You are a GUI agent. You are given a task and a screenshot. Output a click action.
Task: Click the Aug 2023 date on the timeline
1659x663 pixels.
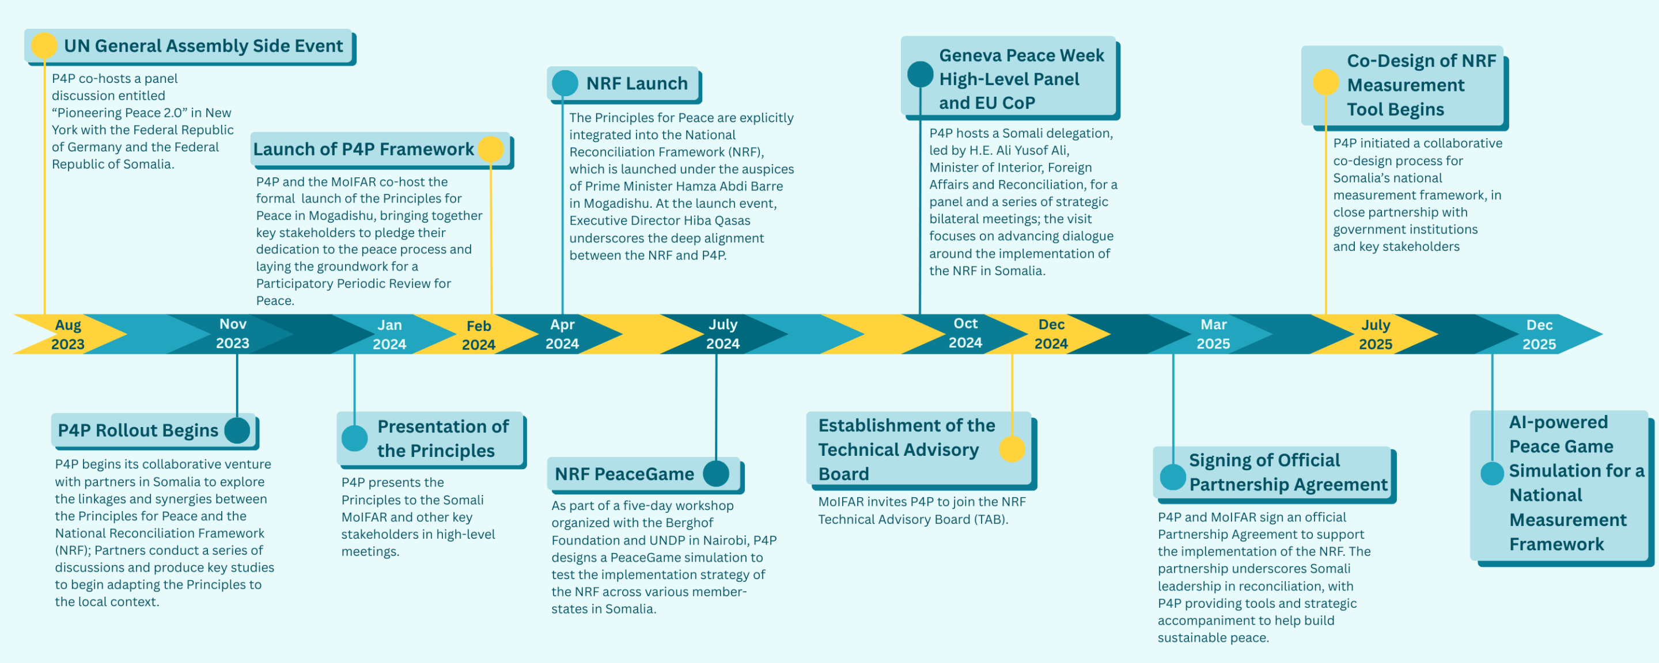click(x=67, y=334)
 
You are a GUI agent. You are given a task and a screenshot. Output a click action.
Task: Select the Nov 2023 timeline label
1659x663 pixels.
click(x=233, y=333)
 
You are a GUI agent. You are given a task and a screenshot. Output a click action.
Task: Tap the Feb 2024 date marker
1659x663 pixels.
click(x=479, y=335)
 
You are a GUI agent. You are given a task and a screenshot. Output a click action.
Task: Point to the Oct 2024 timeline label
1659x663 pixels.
click(x=965, y=333)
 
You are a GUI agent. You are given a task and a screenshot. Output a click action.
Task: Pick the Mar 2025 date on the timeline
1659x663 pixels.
click(x=1213, y=334)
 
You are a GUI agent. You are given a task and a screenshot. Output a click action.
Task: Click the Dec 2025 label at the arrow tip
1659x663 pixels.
click(x=1539, y=334)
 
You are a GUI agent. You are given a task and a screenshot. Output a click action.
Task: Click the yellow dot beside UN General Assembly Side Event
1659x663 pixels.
click(x=44, y=45)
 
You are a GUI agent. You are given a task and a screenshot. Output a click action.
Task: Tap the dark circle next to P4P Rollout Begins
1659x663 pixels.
click(x=237, y=430)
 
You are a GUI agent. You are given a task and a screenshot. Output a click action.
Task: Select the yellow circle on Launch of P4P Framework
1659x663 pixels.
click(x=491, y=149)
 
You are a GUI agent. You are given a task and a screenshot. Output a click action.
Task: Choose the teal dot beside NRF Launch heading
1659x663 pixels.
click(x=565, y=83)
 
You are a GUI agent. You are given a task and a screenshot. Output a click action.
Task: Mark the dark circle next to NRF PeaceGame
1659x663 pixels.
click(x=715, y=474)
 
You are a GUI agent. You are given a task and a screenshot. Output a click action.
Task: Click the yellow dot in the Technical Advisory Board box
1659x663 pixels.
click(x=1012, y=449)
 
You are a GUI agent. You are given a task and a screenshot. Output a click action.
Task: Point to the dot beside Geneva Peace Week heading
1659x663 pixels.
click(x=921, y=74)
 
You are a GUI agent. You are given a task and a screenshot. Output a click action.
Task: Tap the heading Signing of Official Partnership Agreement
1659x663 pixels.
click(x=1287, y=472)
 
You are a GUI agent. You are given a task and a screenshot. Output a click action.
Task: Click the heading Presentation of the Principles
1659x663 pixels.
click(x=442, y=439)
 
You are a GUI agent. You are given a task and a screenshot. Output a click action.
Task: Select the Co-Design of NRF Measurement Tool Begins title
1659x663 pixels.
click(x=1421, y=85)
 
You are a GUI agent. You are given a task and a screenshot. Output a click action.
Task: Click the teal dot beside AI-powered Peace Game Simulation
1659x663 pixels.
click(x=1491, y=474)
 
